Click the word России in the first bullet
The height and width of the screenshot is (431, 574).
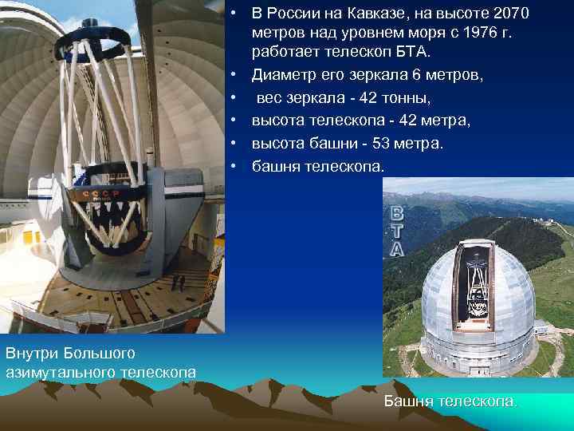coord(295,14)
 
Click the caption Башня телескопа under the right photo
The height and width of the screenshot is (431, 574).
coord(450,401)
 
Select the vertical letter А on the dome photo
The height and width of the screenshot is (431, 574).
coord(395,249)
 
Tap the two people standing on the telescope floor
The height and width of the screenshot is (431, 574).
coord(179,281)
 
